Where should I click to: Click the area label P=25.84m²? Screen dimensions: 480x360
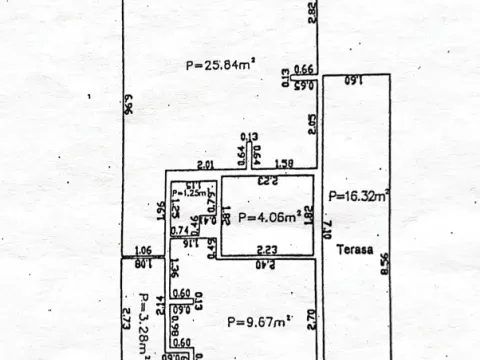coord(220,66)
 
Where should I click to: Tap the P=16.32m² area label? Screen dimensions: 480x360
coord(358,197)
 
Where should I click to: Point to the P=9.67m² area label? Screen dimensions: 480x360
coord(259,321)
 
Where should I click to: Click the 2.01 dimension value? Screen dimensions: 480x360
coord(205,164)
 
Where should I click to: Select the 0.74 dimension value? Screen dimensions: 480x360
coord(180,230)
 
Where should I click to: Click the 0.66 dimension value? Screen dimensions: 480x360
coord(305,69)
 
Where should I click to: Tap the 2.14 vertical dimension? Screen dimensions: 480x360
coord(159,305)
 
